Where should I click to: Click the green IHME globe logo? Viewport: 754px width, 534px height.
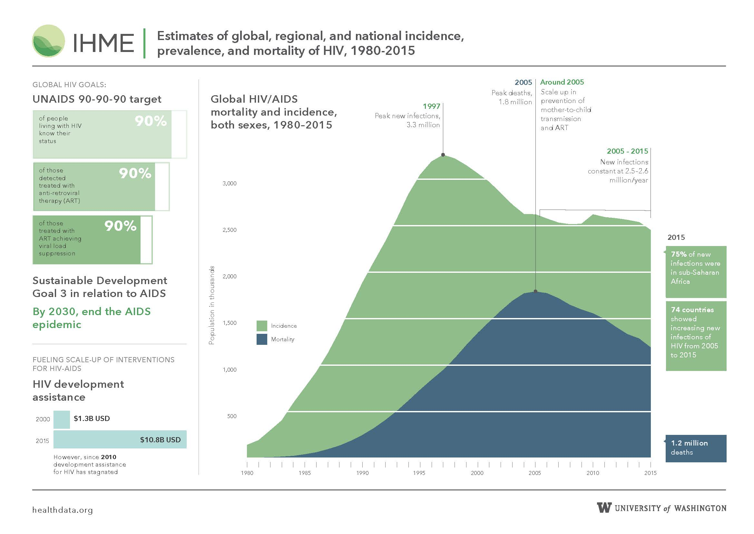pyautogui.click(x=49, y=41)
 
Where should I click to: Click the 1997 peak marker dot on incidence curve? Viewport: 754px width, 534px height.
pyautogui.click(x=443, y=155)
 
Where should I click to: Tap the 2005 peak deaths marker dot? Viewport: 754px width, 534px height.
pyautogui.click(x=536, y=291)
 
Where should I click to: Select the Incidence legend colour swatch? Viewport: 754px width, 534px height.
pyautogui.click(x=262, y=326)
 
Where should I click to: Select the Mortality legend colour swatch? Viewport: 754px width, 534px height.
pyautogui.click(x=262, y=339)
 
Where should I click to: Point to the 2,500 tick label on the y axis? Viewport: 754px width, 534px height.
pyautogui.click(x=230, y=230)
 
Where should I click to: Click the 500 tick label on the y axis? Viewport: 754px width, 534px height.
pyautogui.click(x=232, y=416)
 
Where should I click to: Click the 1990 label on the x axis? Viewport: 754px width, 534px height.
pyautogui.click(x=362, y=473)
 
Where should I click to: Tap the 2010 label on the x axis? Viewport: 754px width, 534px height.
pyautogui.click(x=593, y=473)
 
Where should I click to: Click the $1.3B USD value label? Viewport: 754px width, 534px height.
pyautogui.click(x=92, y=419)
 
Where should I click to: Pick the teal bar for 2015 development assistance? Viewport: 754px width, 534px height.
pyautogui.click(x=120, y=440)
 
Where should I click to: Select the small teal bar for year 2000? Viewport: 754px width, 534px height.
pyautogui.click(x=62, y=420)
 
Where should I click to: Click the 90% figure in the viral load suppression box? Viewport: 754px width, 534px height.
pyautogui.click(x=121, y=226)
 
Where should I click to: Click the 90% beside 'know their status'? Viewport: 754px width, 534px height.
pyautogui.click(x=151, y=121)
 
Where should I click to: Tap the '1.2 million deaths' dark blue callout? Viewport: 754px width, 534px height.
pyautogui.click(x=696, y=448)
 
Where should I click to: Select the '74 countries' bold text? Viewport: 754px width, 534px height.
pyautogui.click(x=692, y=310)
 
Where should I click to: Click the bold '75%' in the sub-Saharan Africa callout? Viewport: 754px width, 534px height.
pyautogui.click(x=679, y=254)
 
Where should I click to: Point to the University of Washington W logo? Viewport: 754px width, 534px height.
pyautogui.click(x=604, y=508)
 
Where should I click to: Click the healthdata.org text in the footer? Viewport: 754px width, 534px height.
pyautogui.click(x=63, y=510)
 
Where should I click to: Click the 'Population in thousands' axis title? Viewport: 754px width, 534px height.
pyautogui.click(x=212, y=305)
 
